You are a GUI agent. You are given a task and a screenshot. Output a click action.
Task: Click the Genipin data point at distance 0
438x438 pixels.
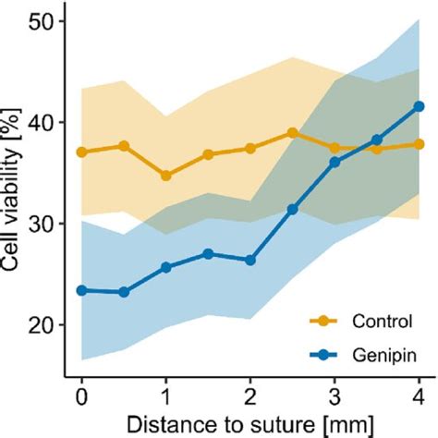point(81,290)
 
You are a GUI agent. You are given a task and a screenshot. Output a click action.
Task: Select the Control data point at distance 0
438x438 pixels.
point(81,152)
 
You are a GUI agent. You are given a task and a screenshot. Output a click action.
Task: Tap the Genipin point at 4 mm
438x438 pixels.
point(419,106)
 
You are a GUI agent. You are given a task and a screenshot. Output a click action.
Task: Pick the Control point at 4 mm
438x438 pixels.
point(419,144)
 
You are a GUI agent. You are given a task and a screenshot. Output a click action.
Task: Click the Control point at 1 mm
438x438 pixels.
point(165,175)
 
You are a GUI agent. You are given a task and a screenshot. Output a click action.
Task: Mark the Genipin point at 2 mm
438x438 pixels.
point(249,261)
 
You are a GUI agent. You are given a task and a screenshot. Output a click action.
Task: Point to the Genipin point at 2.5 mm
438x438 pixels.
point(292,210)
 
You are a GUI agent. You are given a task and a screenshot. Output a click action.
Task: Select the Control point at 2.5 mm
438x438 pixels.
point(292,133)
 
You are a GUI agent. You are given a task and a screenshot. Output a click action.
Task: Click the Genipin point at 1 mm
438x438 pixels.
point(165,267)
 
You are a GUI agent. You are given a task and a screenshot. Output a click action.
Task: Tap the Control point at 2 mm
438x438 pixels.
point(249,148)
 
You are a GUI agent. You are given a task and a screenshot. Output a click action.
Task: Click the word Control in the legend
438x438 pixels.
point(379,322)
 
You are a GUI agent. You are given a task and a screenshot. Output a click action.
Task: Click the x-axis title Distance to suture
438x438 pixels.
point(249,423)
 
